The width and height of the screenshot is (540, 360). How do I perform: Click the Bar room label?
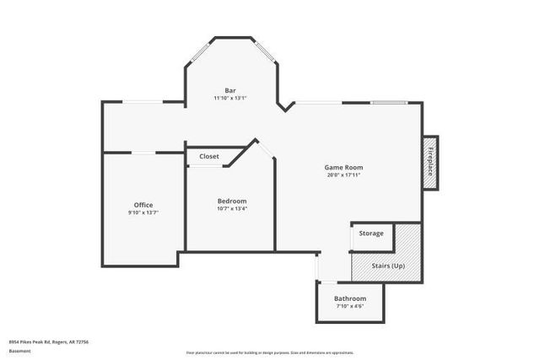coord(230,90)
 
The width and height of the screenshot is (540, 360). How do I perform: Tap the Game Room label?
coord(343,167)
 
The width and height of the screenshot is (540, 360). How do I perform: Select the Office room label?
coord(143,205)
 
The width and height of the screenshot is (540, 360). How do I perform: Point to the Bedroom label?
coord(231,201)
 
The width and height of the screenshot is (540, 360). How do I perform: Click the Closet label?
coord(209,157)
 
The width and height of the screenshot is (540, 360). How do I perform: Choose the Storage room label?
coord(371,233)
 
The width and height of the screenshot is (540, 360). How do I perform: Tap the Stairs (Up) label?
coord(388,266)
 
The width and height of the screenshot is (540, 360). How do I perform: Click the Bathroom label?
coord(349,298)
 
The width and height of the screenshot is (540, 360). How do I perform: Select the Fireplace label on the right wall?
coord(429,161)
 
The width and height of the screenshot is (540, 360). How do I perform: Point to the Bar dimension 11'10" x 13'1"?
coord(230,99)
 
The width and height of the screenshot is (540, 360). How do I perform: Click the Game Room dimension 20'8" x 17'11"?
coord(343,175)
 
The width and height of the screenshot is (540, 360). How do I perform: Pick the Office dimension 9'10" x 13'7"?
coord(143,213)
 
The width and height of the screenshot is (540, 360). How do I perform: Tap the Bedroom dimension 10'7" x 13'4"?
coord(231,209)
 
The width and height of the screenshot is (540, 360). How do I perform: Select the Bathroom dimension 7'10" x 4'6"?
coord(349,307)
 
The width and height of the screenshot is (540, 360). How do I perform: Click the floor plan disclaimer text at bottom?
coord(270,352)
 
